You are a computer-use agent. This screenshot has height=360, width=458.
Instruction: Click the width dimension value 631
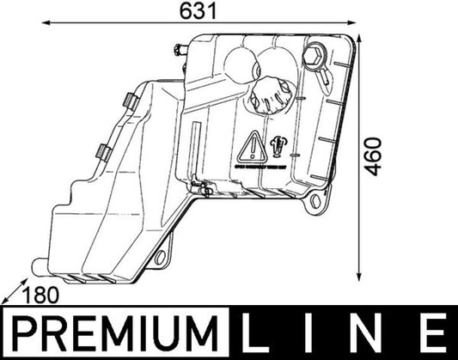pos(196,11)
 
